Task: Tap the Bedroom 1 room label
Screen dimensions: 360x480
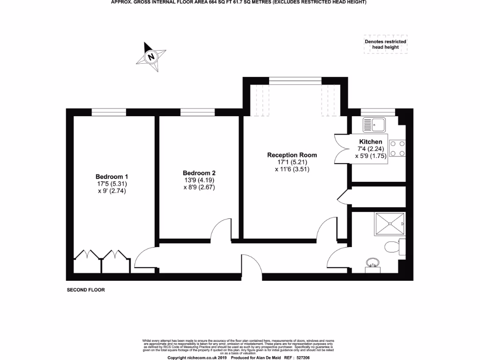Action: point(112,177)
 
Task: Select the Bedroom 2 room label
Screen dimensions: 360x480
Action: point(199,173)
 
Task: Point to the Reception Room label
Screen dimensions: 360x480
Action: point(292,155)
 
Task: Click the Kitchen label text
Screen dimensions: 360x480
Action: point(370,142)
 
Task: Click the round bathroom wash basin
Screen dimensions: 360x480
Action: point(373,263)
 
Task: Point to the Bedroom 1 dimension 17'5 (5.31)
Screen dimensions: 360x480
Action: point(112,184)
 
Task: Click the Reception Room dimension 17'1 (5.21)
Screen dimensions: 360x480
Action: point(292,163)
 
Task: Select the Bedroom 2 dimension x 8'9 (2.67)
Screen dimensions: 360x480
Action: point(199,187)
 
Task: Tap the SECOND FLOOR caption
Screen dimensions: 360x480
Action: point(86,290)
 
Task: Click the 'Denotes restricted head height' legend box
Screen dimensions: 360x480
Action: point(385,45)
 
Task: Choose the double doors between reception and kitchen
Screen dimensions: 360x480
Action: point(341,149)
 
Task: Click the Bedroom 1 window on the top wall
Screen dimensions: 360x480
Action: point(109,112)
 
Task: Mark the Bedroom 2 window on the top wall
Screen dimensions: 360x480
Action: point(197,112)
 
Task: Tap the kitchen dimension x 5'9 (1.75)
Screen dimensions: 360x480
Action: point(370,157)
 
